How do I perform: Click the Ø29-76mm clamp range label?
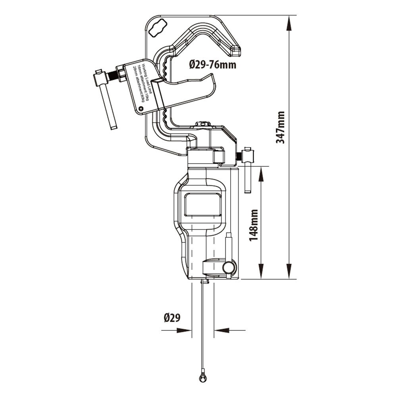point(212,64)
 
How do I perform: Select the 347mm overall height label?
point(281,127)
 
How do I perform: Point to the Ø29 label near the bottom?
point(172,318)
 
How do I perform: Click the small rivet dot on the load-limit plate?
point(140,107)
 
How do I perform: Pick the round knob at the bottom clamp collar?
point(229,268)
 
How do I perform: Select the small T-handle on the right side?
point(248,171)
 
